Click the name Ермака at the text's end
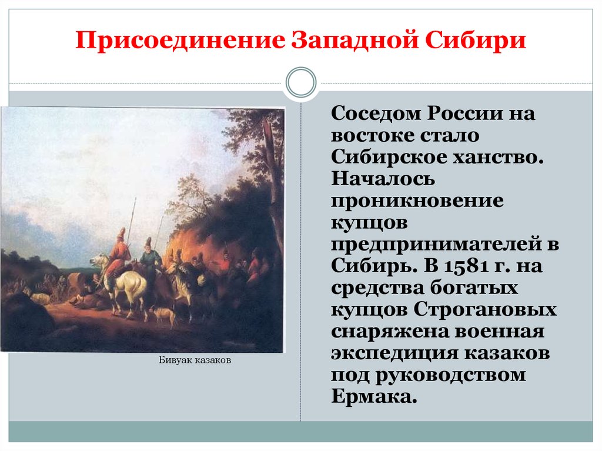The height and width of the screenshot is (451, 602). click(374, 396)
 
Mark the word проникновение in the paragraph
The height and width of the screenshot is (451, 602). click(417, 201)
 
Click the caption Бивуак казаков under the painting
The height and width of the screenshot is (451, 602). click(195, 360)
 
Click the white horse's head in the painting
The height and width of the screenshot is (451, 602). click(97, 260)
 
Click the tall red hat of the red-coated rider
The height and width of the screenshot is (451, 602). click(122, 232)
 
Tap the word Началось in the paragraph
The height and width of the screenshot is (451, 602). click(383, 179)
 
